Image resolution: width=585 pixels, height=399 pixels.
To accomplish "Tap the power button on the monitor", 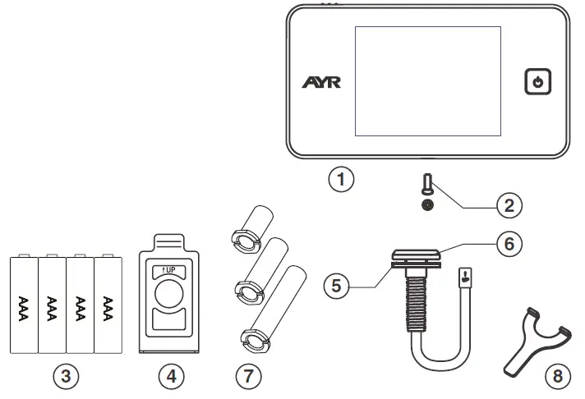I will click(537, 82).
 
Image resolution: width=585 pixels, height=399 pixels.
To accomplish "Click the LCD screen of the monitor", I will click(427, 80).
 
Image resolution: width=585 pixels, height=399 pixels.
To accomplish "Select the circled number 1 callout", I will click(340, 178).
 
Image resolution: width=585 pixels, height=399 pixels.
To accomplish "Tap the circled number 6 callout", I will click(509, 244).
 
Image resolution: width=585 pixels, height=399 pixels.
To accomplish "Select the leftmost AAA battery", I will click(23, 305).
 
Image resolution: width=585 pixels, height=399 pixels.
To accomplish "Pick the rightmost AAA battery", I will click(107, 305).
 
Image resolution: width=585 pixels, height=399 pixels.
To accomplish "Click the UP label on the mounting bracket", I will click(171, 269).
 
